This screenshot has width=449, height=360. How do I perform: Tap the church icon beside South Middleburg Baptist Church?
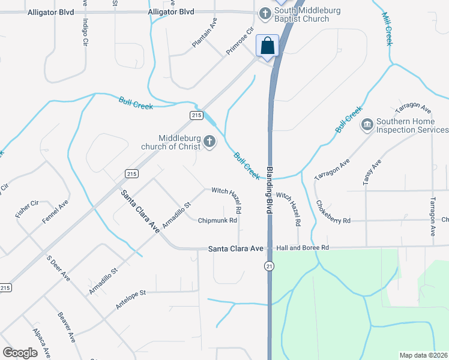click(265, 13)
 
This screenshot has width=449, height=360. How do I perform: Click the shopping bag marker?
click(268, 46)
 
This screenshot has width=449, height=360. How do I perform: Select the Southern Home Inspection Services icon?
click(366, 125)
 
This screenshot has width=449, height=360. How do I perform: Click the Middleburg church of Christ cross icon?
click(209, 142)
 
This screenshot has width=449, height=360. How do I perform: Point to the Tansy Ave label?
click(372, 173)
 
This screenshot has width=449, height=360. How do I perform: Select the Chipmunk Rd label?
click(218, 220)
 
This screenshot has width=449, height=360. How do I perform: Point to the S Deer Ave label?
click(58, 269)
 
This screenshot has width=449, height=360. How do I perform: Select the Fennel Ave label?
click(55, 211)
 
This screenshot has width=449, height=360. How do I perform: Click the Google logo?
click(20, 353)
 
